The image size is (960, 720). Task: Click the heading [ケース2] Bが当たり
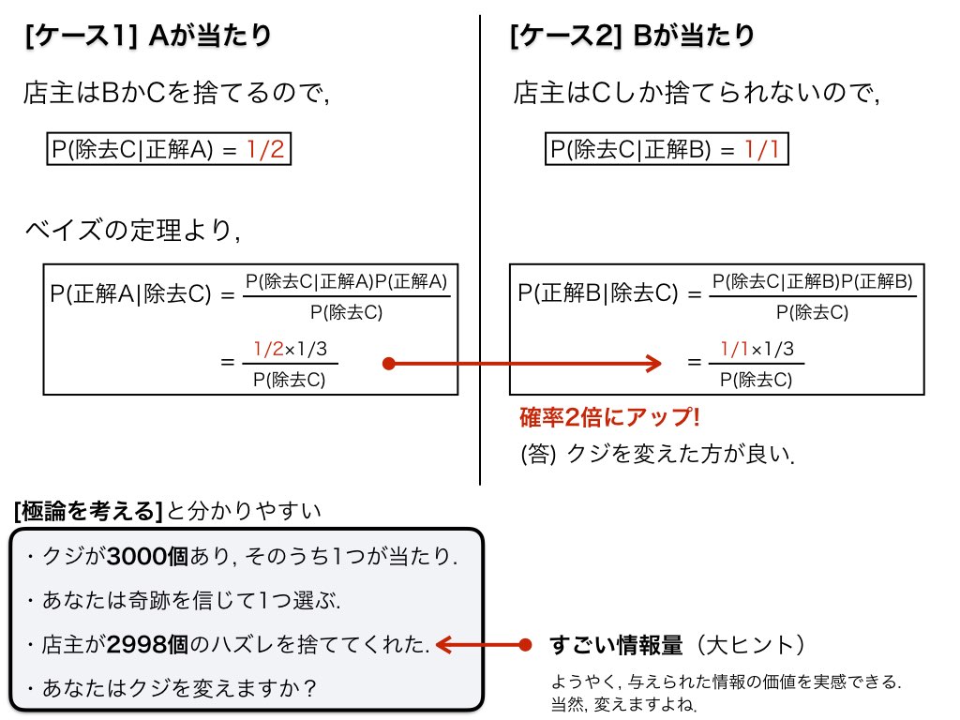click(x=633, y=36)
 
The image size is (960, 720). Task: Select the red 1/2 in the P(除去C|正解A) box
click(x=265, y=149)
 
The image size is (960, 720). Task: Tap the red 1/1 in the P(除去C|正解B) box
click(x=761, y=149)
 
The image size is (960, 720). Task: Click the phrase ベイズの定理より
click(x=132, y=231)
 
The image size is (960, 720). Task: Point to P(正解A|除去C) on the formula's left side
click(x=130, y=293)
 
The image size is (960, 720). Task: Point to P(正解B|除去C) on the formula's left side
click(x=597, y=293)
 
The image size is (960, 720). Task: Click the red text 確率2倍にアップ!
click(x=609, y=417)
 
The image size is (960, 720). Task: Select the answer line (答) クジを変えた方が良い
click(x=657, y=455)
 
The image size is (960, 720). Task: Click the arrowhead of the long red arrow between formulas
click(x=653, y=364)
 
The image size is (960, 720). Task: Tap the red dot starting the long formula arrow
click(x=389, y=364)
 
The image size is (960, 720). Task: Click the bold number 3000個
click(x=147, y=557)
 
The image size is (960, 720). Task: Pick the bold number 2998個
click(x=147, y=645)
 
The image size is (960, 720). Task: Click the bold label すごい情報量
click(x=616, y=645)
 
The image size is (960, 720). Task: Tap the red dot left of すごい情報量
click(x=525, y=645)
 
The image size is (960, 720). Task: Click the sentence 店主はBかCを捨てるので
click(x=177, y=93)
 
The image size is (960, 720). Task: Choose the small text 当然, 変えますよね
click(x=623, y=705)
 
